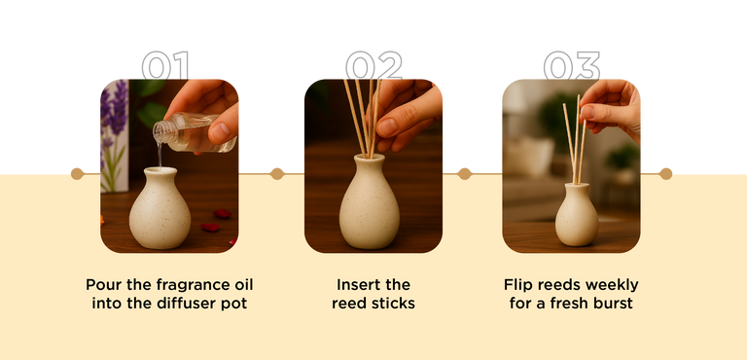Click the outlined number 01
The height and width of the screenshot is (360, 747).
pyautogui.click(x=165, y=65)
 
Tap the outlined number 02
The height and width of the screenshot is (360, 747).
pyautogui.click(x=373, y=65)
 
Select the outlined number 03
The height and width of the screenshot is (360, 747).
pyautogui.click(x=571, y=65)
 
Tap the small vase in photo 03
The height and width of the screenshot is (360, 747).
pyautogui.click(x=577, y=215)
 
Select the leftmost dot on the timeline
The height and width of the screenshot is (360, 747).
pyautogui.click(x=77, y=173)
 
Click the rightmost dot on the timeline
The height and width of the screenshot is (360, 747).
pyautogui.click(x=665, y=173)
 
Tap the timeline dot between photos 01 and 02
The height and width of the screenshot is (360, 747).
pyautogui.click(x=277, y=173)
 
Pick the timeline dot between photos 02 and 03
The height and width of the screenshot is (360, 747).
pyautogui.click(x=464, y=173)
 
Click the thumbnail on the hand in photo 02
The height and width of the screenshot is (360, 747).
pyautogui.click(x=386, y=126)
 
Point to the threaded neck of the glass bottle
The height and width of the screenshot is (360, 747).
pyautogui.click(x=160, y=131)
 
